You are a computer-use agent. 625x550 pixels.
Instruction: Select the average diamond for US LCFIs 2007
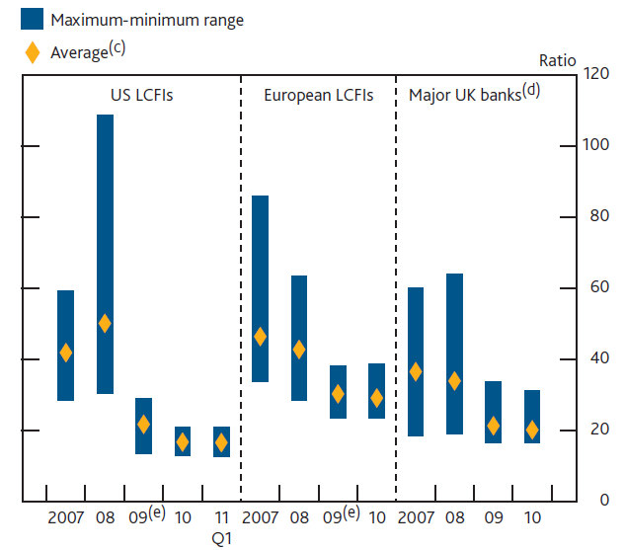click(66, 353)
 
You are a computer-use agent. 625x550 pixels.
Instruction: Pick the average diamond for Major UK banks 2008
click(454, 380)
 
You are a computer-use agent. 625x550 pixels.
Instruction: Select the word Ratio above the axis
click(557, 60)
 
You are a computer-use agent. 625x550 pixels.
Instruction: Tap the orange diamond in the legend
click(33, 50)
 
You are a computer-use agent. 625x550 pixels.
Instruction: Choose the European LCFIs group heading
click(318, 96)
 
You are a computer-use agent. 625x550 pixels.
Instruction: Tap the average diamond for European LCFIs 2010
click(376, 398)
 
